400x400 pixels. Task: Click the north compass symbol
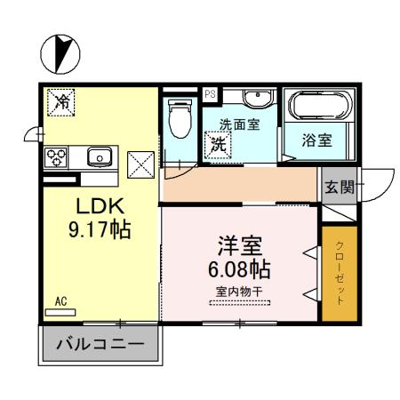point(60,52)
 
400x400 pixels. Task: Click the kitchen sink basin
point(100,157)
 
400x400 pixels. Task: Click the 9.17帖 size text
point(101,230)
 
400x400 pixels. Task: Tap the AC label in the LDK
point(61,302)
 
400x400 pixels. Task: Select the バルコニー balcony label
point(100,343)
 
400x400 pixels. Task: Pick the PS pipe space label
point(211,92)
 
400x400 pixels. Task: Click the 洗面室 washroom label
point(241,124)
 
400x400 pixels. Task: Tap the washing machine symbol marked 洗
point(218,141)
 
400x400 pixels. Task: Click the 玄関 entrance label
point(339,187)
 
